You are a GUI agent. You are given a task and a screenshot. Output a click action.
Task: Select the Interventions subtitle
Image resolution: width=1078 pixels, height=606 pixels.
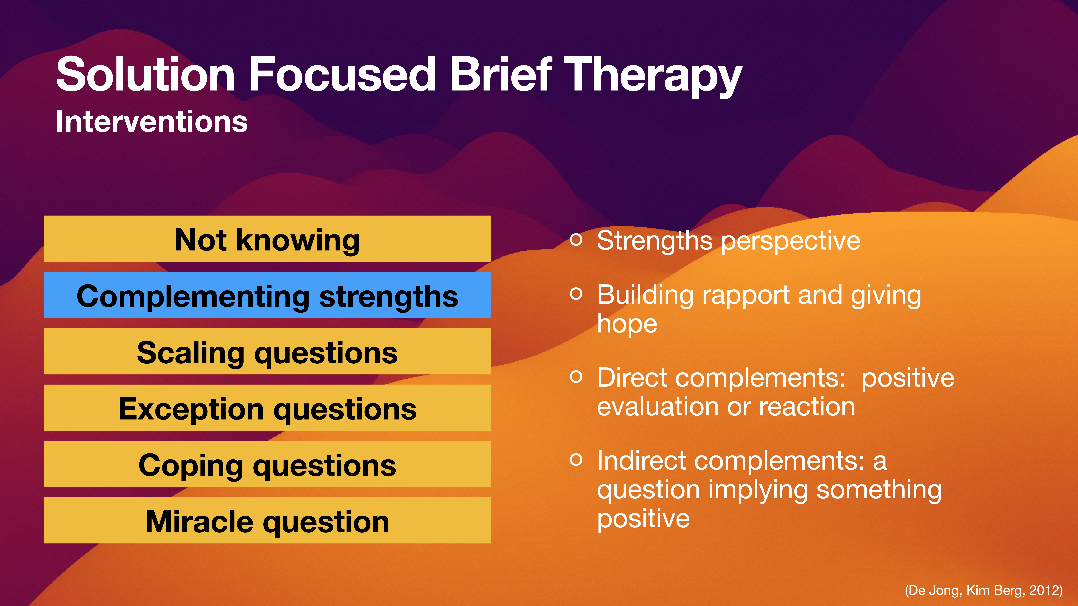pyautogui.click(x=151, y=122)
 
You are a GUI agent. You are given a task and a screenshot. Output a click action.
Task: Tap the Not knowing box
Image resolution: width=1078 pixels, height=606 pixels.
pyautogui.click(x=267, y=239)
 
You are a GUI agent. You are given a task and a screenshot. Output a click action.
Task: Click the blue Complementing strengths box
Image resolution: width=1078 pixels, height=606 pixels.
pyautogui.click(x=267, y=295)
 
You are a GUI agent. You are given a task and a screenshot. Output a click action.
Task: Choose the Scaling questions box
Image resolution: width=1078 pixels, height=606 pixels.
pyautogui.click(x=267, y=352)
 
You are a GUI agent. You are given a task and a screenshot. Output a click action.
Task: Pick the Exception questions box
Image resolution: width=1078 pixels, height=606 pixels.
pyautogui.click(x=267, y=408)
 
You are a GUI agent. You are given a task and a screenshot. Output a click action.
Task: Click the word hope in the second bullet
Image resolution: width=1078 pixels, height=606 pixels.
pyautogui.click(x=627, y=324)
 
